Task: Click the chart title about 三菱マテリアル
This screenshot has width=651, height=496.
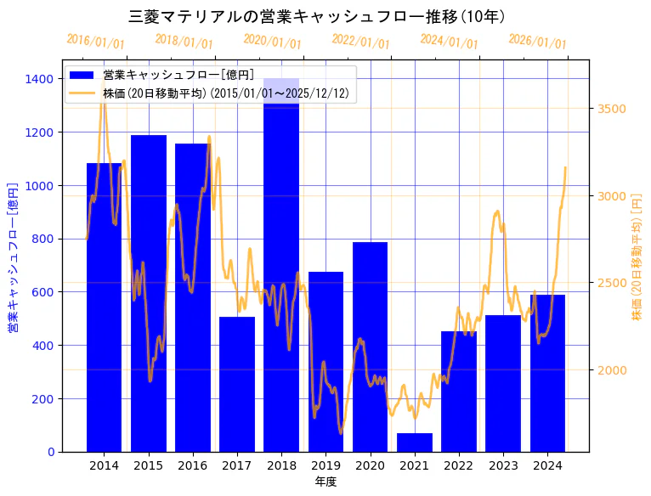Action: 316,16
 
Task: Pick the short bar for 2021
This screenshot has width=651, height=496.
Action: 415,442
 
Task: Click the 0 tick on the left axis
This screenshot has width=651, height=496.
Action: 51,452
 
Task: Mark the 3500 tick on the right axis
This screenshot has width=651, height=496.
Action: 612,109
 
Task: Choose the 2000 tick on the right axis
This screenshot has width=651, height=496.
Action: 612,370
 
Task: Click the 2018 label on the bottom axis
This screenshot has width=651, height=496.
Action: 281,465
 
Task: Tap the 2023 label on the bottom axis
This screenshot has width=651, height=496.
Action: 503,465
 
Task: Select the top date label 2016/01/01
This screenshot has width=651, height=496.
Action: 95,42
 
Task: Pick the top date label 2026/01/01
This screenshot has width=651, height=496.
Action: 537,42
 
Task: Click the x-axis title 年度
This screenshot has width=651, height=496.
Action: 325,482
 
